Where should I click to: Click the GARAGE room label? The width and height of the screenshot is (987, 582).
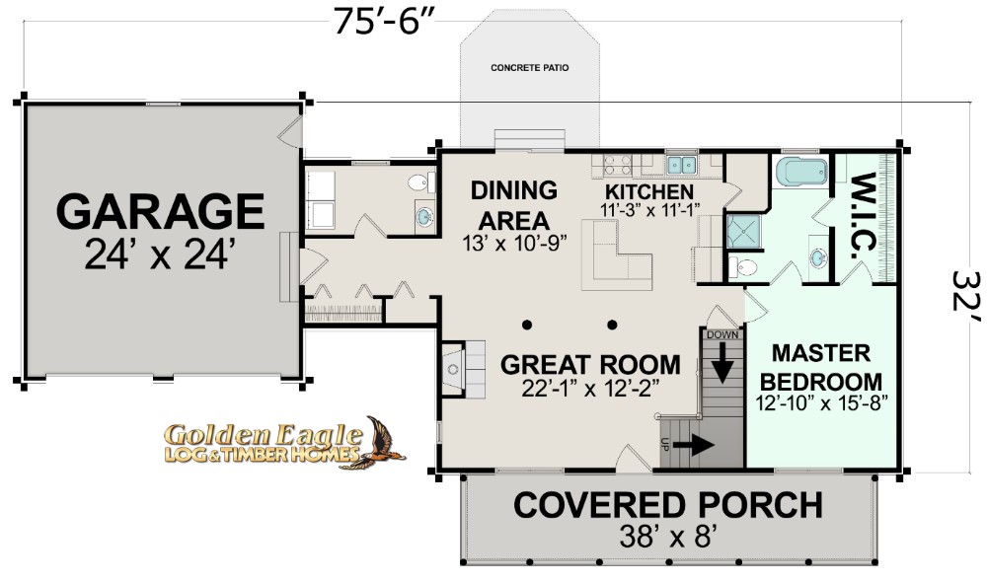click(161, 211)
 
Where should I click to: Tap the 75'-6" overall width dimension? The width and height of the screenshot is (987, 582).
click(385, 22)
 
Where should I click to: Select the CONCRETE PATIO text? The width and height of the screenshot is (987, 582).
click(529, 67)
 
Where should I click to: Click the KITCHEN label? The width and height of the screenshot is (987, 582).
click(649, 191)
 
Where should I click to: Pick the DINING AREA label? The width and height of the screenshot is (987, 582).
click(514, 205)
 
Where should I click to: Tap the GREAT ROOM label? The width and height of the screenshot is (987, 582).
click(590, 364)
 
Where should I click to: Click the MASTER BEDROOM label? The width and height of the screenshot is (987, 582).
click(821, 367)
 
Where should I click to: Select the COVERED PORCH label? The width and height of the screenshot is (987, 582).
click(668, 505)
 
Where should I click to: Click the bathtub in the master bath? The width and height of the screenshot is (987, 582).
click(800, 172)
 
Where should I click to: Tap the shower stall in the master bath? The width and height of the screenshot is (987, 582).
click(743, 232)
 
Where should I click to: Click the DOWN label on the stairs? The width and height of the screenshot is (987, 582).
click(722, 334)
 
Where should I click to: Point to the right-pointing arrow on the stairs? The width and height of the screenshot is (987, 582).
click(693, 446)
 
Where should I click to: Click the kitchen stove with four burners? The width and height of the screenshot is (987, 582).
click(618, 166)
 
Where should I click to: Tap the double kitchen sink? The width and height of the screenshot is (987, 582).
click(681, 165)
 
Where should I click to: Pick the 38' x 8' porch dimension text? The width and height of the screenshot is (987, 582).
click(669, 537)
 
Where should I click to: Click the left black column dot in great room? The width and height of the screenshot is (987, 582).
click(526, 325)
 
